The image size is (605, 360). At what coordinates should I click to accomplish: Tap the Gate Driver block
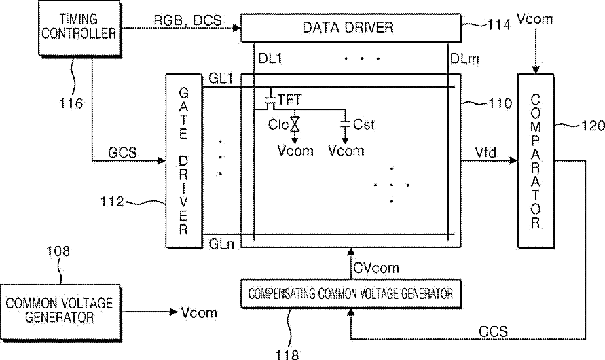click(x=183, y=160)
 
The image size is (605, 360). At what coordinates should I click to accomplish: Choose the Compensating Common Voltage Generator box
click(x=350, y=294)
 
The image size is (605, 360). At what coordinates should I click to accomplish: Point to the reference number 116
click(x=70, y=104)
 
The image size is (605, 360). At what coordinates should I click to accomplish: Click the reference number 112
click(x=111, y=201)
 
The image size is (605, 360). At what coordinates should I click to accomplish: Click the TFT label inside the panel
click(x=290, y=100)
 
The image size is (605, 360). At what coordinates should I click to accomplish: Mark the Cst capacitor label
click(x=365, y=125)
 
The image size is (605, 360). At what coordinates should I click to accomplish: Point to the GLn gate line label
click(x=223, y=243)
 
